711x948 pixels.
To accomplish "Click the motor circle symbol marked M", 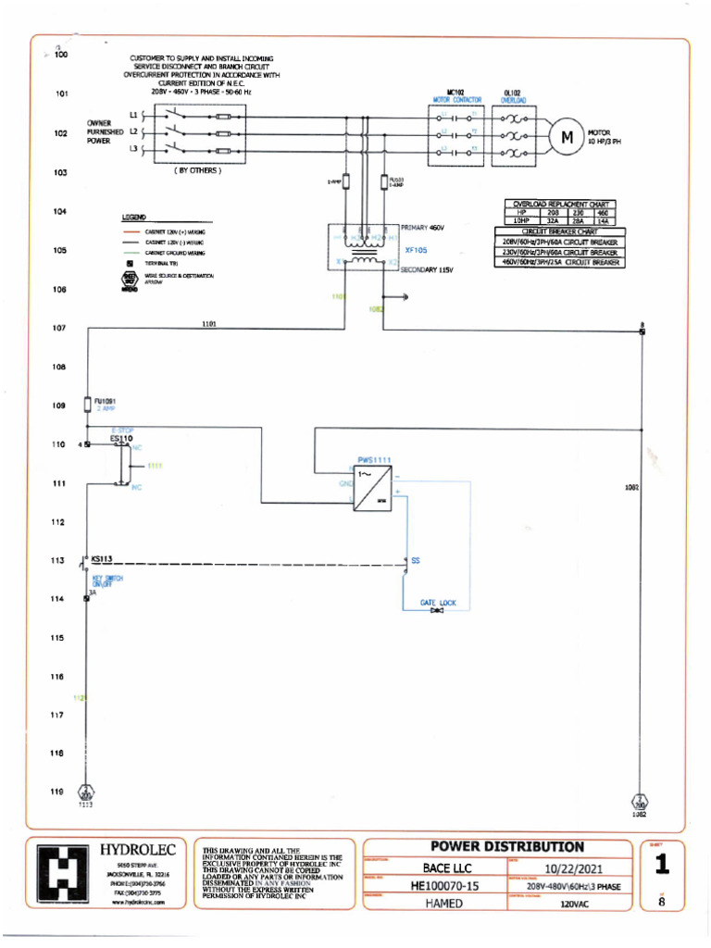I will pyautogui.click(x=565, y=137).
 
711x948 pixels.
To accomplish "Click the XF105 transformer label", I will pyautogui.click(x=416, y=250).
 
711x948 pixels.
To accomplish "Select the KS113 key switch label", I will pyautogui.click(x=102, y=560).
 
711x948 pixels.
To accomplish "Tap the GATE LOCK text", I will pyautogui.click(x=438, y=603).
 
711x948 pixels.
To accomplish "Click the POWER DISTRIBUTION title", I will pyautogui.click(x=507, y=846).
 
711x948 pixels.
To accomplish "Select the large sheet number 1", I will pyautogui.click(x=661, y=866).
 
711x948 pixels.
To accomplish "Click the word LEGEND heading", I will pyautogui.click(x=130, y=216).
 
